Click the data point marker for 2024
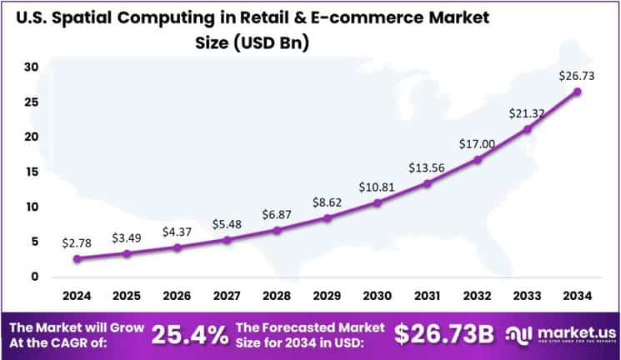pos(78,258)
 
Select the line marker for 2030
pos(378,202)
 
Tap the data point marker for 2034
pos(577,91)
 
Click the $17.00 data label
pos(476,144)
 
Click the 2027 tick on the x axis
pos(228,296)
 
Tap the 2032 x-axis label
pos(477,296)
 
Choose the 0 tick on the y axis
pos(33,277)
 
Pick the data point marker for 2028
pos(278,229)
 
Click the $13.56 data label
pos(426,168)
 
